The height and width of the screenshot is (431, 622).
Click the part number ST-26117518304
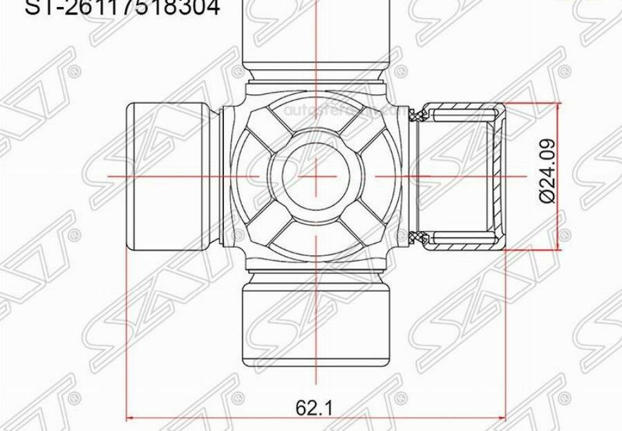pyautogui.click(x=123, y=8)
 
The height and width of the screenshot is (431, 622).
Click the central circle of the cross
pyautogui.click(x=315, y=177)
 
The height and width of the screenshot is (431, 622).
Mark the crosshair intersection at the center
pyautogui.click(x=315, y=177)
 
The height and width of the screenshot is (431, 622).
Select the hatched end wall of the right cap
pyautogui.click(x=500, y=177)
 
